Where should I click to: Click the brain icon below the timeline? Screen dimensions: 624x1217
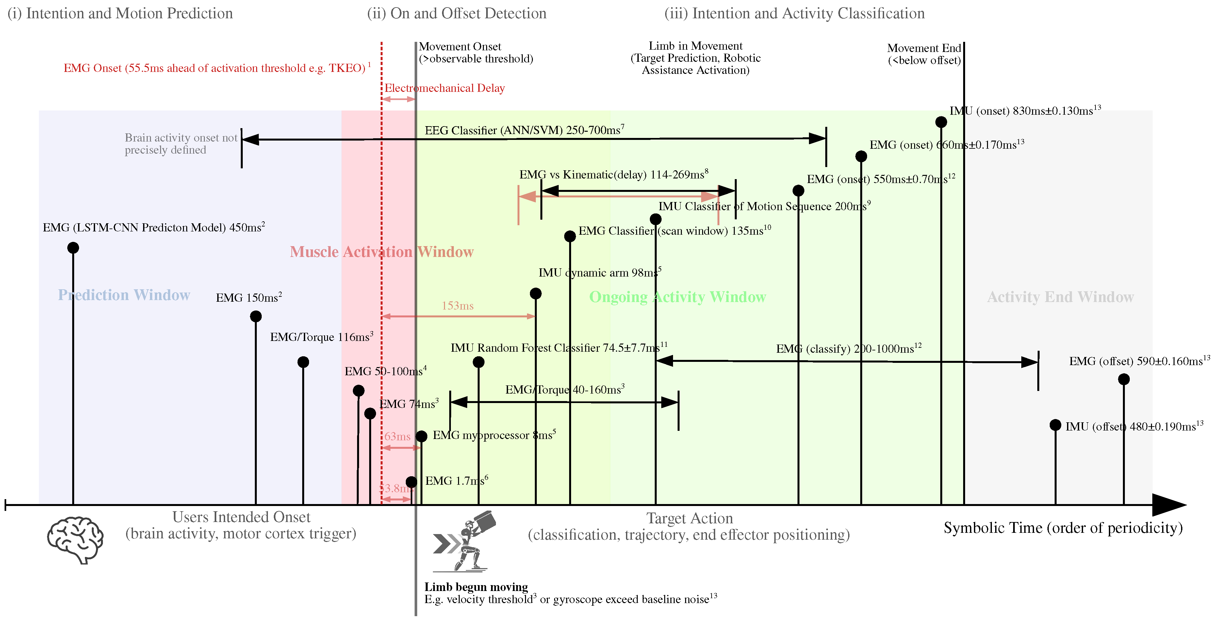click(75, 539)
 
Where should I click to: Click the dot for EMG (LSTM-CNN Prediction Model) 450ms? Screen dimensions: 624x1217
click(73, 248)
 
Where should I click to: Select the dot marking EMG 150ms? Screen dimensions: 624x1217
click(255, 316)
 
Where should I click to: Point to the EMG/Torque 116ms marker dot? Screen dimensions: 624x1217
click(303, 362)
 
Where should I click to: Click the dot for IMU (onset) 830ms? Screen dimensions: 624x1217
click(941, 122)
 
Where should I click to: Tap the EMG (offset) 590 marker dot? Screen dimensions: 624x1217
click(1124, 379)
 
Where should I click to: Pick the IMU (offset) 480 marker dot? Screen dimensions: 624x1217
click(1055, 425)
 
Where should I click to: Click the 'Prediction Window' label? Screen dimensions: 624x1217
click(124, 295)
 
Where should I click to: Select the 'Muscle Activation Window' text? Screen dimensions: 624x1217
click(382, 252)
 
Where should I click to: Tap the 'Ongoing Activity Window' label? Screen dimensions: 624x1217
click(678, 297)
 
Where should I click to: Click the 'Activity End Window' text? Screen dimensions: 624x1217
click(1061, 297)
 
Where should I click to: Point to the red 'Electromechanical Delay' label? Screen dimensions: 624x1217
click(445, 88)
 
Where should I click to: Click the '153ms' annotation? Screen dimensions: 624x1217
click(457, 306)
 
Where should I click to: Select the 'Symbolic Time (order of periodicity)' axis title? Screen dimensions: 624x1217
click(1063, 528)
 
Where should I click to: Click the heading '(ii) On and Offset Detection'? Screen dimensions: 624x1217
click(456, 13)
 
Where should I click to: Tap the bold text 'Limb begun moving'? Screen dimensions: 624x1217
click(476, 587)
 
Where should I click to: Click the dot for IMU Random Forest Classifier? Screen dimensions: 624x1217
click(479, 362)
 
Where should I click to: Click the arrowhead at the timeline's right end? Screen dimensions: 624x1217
click(1169, 505)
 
